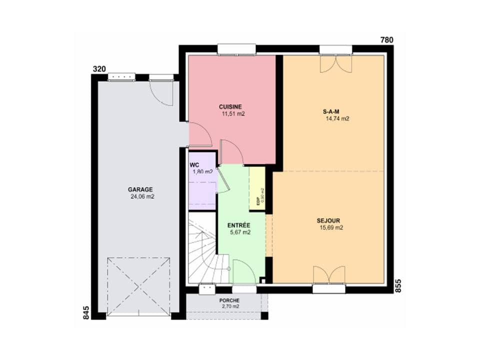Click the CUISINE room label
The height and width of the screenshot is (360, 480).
pos(230,106)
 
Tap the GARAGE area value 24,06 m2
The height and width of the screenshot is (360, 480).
pos(140,196)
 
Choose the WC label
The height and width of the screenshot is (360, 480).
pos(194,164)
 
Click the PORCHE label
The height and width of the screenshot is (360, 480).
pos(229,300)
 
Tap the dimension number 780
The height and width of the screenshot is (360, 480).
pos(387,40)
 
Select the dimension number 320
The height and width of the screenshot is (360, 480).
pos(99,69)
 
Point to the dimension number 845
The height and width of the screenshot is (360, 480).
pos(85,312)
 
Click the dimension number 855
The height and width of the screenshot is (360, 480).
pos(398,285)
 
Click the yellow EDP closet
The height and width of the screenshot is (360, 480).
pos(257,188)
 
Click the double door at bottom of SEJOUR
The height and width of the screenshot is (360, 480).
pos(328,275)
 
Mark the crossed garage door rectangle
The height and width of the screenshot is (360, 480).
pos(138,286)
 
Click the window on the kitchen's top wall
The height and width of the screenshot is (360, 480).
pos(236,49)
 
